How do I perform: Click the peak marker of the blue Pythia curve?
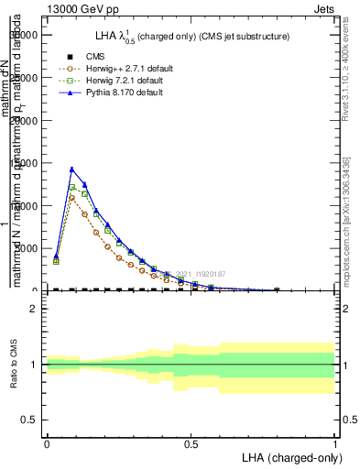71,169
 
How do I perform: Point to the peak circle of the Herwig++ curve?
71,198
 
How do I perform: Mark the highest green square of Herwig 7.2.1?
71,187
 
